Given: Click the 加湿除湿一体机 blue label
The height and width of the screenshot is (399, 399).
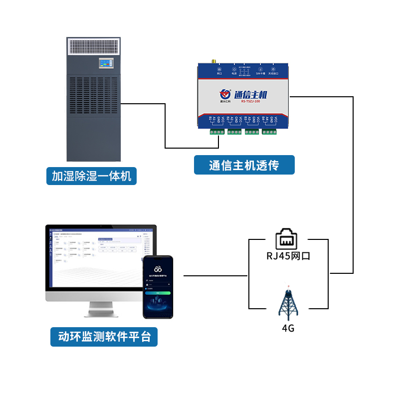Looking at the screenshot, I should [91, 176].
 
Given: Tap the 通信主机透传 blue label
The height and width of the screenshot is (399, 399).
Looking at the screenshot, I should [244, 165].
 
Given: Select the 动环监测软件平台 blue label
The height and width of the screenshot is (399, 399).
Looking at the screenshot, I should [104, 337].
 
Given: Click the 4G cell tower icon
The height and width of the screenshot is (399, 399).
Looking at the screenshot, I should [288, 303].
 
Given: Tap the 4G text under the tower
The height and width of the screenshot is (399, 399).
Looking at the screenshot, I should [288, 328].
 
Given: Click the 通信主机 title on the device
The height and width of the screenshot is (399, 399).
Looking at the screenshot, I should [251, 94].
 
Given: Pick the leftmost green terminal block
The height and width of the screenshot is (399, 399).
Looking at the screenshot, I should [217, 132].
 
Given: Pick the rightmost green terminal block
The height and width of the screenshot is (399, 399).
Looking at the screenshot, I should [269, 132].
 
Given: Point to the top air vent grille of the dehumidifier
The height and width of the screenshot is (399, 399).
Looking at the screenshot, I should [93, 47].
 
